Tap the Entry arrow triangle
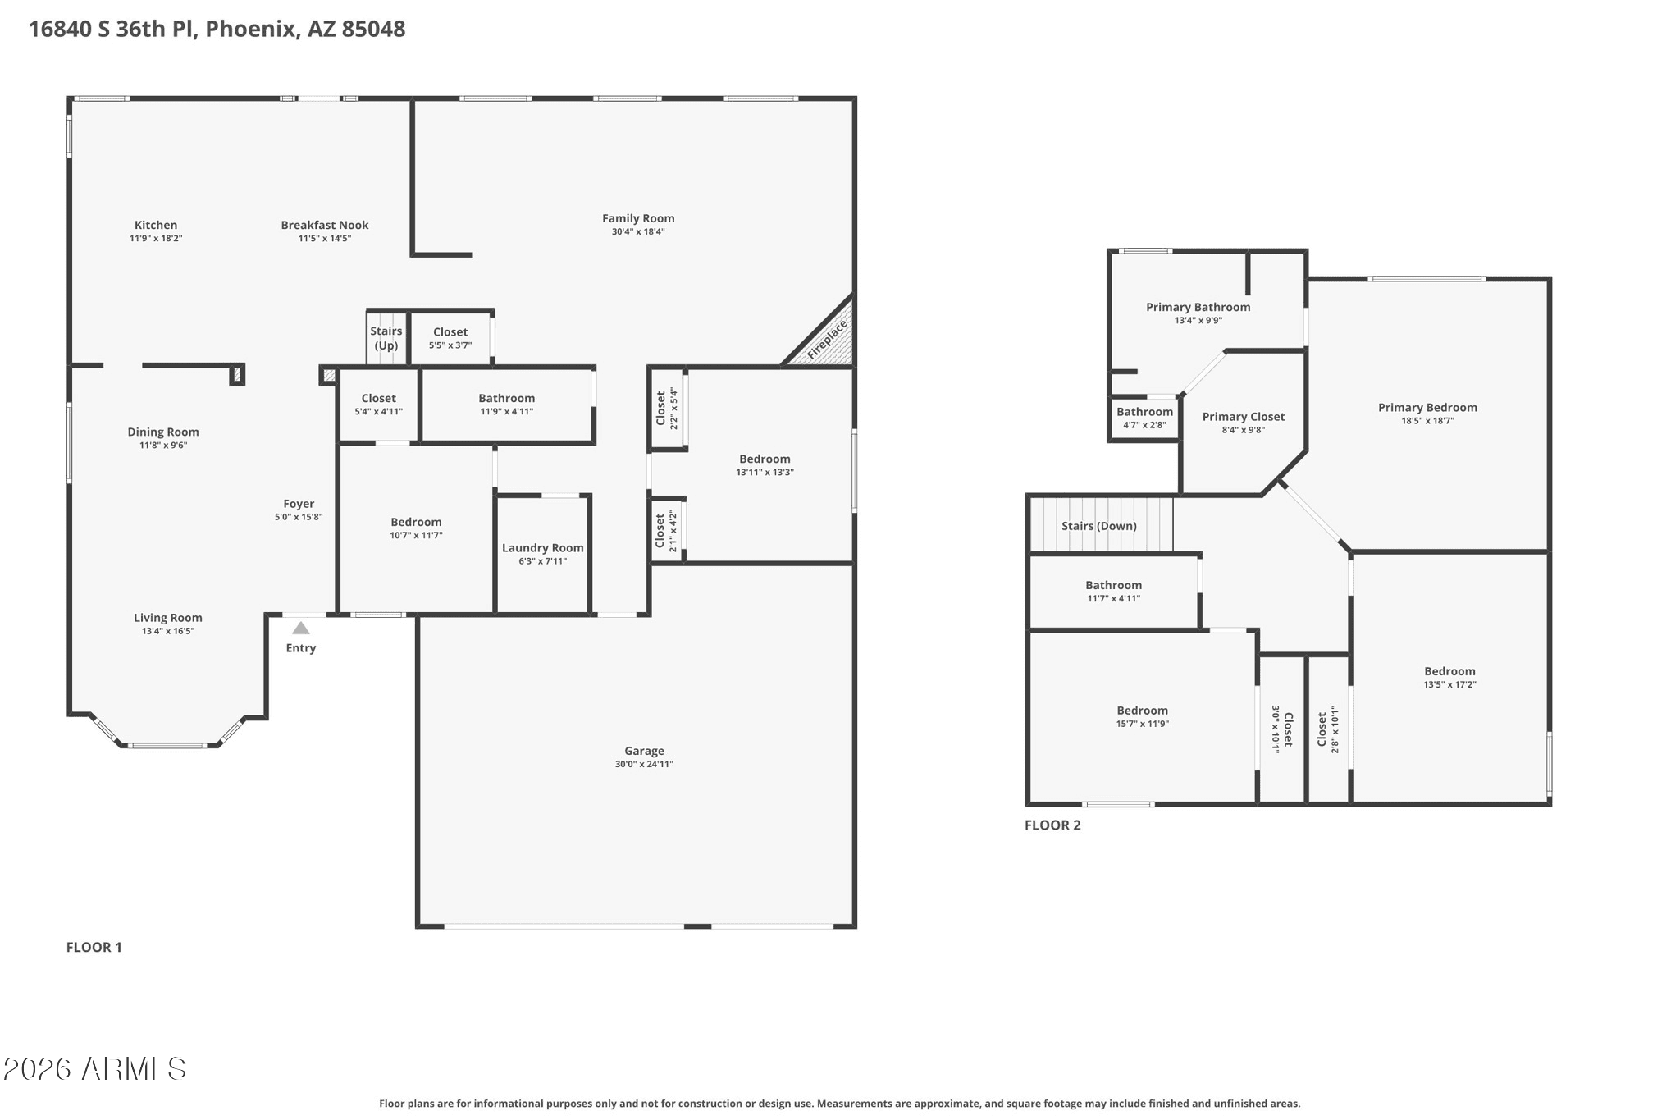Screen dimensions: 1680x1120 (301, 629)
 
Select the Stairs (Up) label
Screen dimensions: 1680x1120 (386, 338)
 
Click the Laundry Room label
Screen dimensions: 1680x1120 (543, 548)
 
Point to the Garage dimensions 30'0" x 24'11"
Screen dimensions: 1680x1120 (644, 764)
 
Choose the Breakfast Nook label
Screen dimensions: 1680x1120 (325, 225)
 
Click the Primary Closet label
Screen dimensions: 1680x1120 (1244, 417)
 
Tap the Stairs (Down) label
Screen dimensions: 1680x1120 (1099, 526)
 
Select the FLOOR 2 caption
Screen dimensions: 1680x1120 (1052, 825)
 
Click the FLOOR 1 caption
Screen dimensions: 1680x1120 (94, 947)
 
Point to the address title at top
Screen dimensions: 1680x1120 (217, 30)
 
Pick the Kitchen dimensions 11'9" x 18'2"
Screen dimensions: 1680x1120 (156, 238)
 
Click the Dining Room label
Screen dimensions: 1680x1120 (163, 432)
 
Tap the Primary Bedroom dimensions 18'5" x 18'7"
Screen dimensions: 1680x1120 (1427, 421)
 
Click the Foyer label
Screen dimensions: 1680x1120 (299, 504)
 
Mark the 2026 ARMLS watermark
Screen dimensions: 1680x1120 (95, 1068)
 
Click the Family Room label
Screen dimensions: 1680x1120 (638, 218)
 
